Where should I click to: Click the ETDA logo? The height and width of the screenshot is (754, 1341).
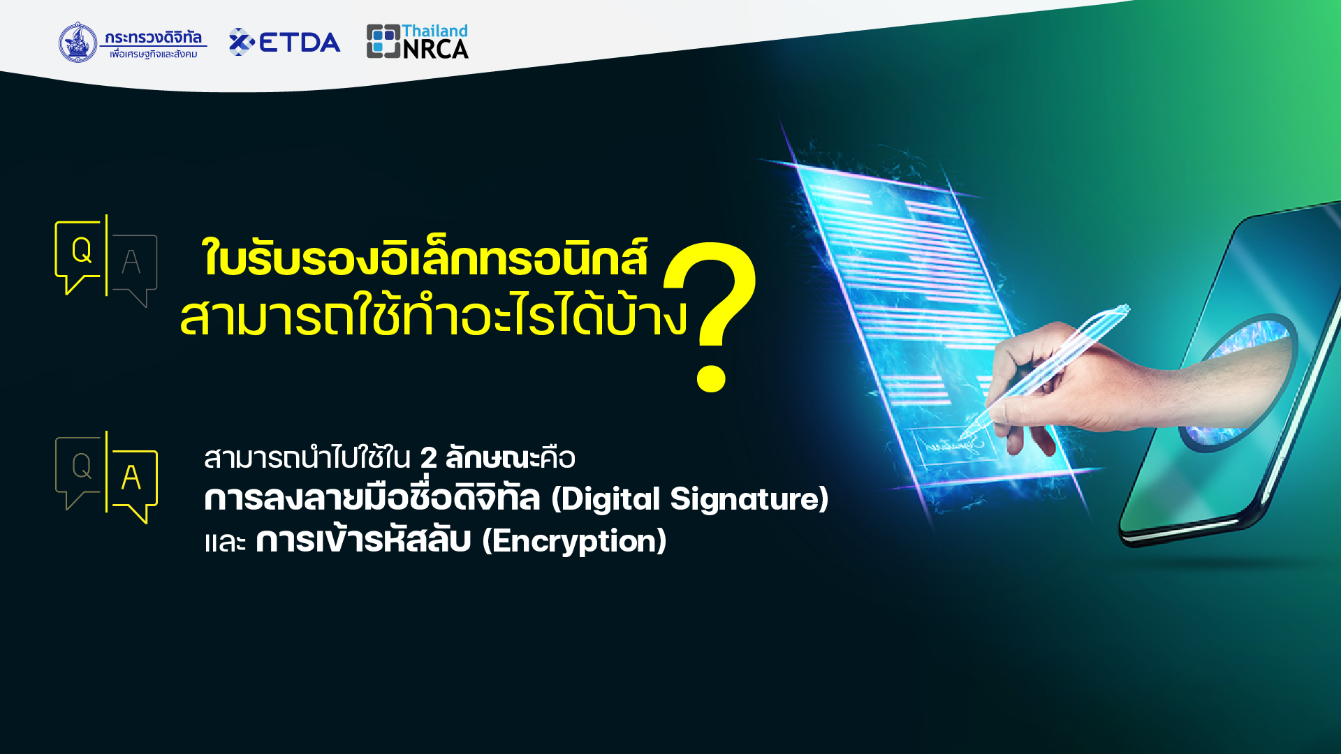click(284, 42)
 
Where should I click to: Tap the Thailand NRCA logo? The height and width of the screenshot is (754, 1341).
click(418, 41)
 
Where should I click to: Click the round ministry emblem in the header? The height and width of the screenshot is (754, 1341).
click(78, 42)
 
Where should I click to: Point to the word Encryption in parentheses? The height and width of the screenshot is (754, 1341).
click(574, 540)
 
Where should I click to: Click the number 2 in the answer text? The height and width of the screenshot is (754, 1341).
click(428, 459)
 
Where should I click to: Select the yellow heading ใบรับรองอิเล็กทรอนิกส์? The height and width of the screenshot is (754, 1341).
click(425, 258)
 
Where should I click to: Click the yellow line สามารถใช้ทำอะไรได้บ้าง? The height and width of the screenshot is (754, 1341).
click(434, 316)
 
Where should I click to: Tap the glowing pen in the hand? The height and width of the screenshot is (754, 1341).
click(1047, 368)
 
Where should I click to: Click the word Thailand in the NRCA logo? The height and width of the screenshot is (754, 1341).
click(434, 31)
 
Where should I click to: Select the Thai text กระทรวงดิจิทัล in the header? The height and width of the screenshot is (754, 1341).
click(153, 38)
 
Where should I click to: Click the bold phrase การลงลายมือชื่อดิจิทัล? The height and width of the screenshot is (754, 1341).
click(372, 498)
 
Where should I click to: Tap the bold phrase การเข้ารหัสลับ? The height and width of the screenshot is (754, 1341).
click(363, 540)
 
